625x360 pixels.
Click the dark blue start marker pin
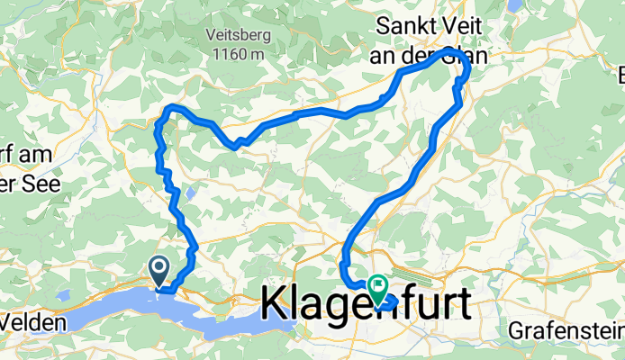click(x=159, y=267)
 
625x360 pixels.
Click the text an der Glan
click(x=430, y=54)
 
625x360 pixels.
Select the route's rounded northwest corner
click(x=168, y=111)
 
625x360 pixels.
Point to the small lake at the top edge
click(x=514, y=4)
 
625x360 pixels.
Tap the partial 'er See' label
click(x=21, y=175)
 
